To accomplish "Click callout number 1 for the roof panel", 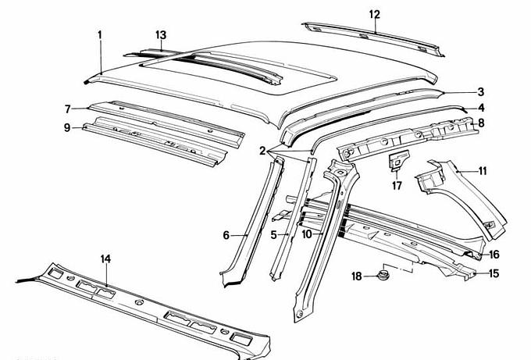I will (x=100, y=34).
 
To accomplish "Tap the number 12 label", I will (x=375, y=14).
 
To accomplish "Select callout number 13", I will (x=160, y=34).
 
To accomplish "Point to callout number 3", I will (x=482, y=91).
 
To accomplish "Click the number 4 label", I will (x=482, y=107).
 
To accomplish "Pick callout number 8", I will (x=482, y=123).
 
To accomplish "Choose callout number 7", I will (x=68, y=109).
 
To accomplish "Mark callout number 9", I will (x=68, y=127).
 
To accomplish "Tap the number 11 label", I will (x=483, y=169).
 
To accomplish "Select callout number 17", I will (x=397, y=185).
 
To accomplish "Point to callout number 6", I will (x=226, y=234).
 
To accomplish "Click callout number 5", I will (x=274, y=233).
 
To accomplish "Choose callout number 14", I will (x=106, y=258).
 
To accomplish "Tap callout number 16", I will (x=494, y=255).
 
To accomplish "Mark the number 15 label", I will (x=494, y=273).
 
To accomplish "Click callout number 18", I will (x=356, y=277).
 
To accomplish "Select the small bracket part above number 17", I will (x=396, y=162).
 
